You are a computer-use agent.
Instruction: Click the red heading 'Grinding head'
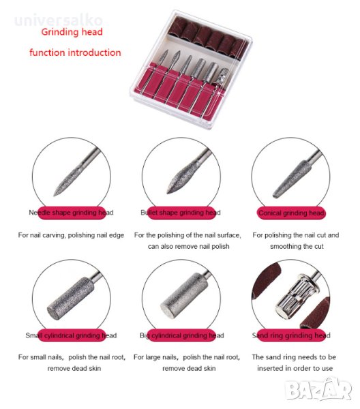[72, 32]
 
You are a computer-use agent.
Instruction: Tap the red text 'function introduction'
[75, 52]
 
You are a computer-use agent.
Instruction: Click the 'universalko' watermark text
[59, 20]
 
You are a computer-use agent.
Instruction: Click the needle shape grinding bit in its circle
[76, 173]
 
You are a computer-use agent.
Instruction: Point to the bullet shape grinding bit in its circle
[187, 173]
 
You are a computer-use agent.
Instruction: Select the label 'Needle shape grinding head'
[71, 213]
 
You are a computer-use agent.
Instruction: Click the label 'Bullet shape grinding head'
[181, 213]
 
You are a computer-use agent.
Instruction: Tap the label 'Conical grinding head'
[291, 213]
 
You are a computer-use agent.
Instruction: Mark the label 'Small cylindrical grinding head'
[71, 335]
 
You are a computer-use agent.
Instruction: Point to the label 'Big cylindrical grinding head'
[182, 335]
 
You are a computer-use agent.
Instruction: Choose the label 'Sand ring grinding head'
[291, 335]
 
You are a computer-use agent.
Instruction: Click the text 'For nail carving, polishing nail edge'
[71, 235]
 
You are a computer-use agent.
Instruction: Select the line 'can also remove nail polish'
[189, 247]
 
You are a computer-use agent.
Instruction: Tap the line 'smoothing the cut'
[297, 247]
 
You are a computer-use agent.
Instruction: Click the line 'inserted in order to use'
[295, 368]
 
